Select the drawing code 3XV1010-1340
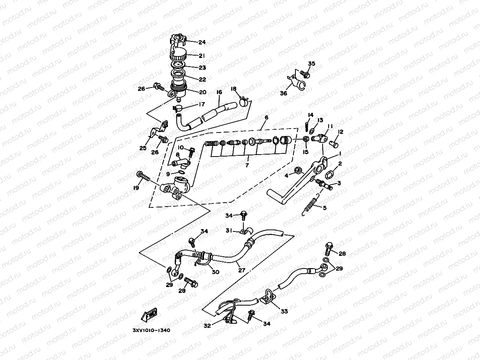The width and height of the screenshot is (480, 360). pos(151,330)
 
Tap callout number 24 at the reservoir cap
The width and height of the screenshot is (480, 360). pos(202,42)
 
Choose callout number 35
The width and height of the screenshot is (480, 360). pos(312,64)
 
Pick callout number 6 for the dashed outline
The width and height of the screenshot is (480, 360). pos(266,118)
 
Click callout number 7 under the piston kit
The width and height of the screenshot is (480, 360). pos(247,165)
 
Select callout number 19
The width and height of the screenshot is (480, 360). pos(136,188)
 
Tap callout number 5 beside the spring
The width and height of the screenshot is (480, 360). pos(325,207)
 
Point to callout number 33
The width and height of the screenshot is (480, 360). pos(284,311)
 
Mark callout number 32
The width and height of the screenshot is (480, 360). pos(207,326)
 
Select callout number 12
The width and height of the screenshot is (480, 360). pos(341,132)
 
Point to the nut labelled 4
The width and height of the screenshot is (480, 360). pos(298,171)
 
